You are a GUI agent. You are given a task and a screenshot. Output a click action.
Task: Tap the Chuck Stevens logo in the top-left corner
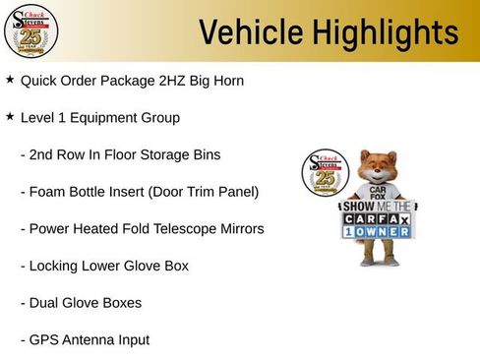point(30,30)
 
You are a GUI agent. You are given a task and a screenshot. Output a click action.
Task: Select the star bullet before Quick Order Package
point(10,79)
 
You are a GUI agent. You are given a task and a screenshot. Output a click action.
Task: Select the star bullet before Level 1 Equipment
point(10,116)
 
